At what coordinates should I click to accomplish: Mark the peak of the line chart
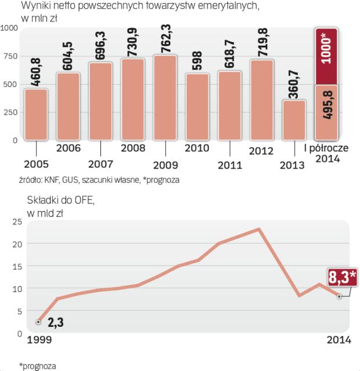[x=259, y=228]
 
